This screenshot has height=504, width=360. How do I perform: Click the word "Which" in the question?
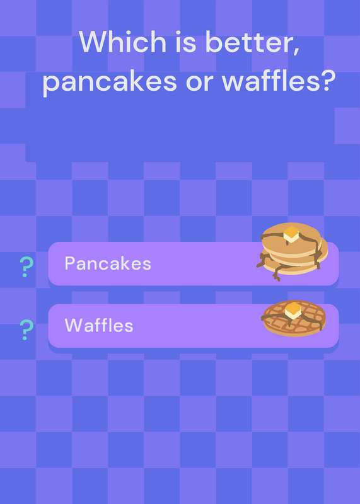click(122, 42)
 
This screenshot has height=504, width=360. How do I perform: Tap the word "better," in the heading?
click(253, 43)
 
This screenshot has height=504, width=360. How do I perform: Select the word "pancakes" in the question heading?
click(110, 83)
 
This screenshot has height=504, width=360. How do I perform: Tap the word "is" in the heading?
click(186, 42)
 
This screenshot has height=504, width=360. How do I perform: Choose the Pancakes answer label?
click(108, 263)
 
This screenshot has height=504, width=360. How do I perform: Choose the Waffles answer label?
click(99, 325)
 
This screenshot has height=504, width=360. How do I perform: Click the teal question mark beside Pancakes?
click(26, 266)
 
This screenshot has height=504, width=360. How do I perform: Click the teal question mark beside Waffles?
click(26, 329)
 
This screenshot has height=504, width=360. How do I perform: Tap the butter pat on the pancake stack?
click(291, 234)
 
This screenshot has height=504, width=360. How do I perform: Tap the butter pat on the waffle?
click(293, 310)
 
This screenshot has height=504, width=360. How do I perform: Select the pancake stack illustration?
click(292, 251)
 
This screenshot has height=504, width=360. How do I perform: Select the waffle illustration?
click(294, 318)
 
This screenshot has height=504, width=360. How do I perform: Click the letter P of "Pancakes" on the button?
click(69, 263)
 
